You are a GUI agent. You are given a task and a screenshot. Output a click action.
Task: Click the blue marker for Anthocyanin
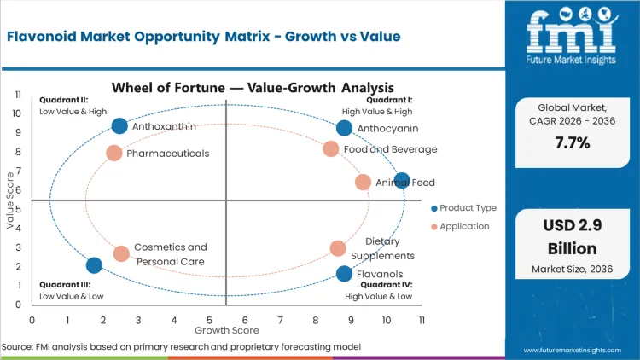pos(344,128)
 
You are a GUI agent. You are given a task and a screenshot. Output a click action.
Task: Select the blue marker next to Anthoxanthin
pos(119,126)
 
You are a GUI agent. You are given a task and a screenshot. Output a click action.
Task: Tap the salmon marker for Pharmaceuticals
pos(114,154)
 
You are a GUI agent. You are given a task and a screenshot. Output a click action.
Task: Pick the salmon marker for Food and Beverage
pos(331,149)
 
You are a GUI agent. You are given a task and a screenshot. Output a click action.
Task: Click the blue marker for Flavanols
pos(344,274)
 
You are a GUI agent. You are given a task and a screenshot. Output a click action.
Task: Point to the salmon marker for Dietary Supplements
pos(338,248)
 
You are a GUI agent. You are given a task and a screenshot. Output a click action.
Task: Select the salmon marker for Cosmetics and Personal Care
pos(121,253)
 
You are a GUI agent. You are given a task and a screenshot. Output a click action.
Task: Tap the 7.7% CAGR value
pos(572,142)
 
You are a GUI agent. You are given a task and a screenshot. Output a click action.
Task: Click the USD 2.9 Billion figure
pos(572,236)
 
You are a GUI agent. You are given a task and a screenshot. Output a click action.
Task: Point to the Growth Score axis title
pos(226,330)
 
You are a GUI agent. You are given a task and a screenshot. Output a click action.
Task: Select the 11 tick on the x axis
pos(422,320)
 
